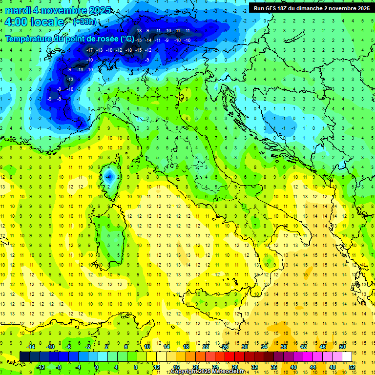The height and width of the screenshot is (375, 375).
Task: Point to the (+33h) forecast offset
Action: [x=84, y=22]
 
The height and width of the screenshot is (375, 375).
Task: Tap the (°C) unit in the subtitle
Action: [x=127, y=38]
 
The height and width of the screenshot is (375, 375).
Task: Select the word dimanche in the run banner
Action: [x=310, y=8]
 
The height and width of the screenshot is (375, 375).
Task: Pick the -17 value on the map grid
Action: [x=89, y=50]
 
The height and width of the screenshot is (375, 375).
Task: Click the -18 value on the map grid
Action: [x=128, y=50]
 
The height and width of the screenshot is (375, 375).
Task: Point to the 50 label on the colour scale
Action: [x=342, y=347]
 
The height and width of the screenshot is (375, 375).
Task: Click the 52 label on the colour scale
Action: [x=352, y=367]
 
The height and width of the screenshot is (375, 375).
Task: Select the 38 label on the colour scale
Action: [x=284, y=347]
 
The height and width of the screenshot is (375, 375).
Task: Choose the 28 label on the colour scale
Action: [x=234, y=367]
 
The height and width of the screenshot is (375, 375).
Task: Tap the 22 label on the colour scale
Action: [x=206, y=347]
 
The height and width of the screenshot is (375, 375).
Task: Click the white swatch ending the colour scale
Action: [x=347, y=356]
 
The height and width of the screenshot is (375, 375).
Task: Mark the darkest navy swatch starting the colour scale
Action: [x=24, y=356]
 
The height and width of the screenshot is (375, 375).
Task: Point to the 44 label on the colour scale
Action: [x=312, y=367]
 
